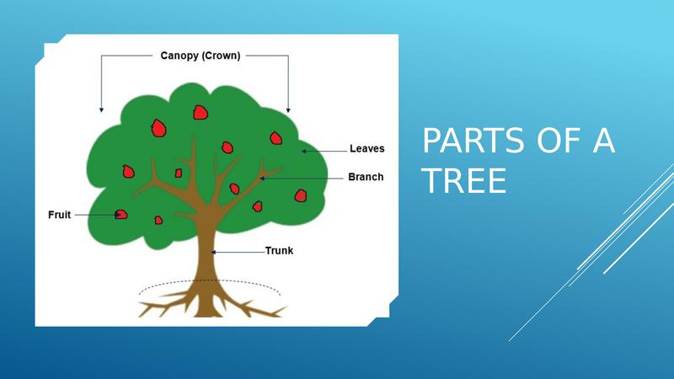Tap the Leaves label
point(367,149)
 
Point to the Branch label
point(366,177)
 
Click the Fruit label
point(59,215)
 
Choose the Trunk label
point(279,250)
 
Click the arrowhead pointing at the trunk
point(213,252)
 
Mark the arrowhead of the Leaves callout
point(303,152)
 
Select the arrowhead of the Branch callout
point(262,179)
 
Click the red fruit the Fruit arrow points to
point(121,215)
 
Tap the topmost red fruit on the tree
point(201,113)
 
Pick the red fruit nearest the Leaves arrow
point(276,138)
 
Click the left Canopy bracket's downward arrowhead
point(101,110)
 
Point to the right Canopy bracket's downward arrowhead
point(288,110)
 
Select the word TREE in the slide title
point(464,181)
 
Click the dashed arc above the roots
point(209,280)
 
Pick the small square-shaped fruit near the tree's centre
point(179,173)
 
